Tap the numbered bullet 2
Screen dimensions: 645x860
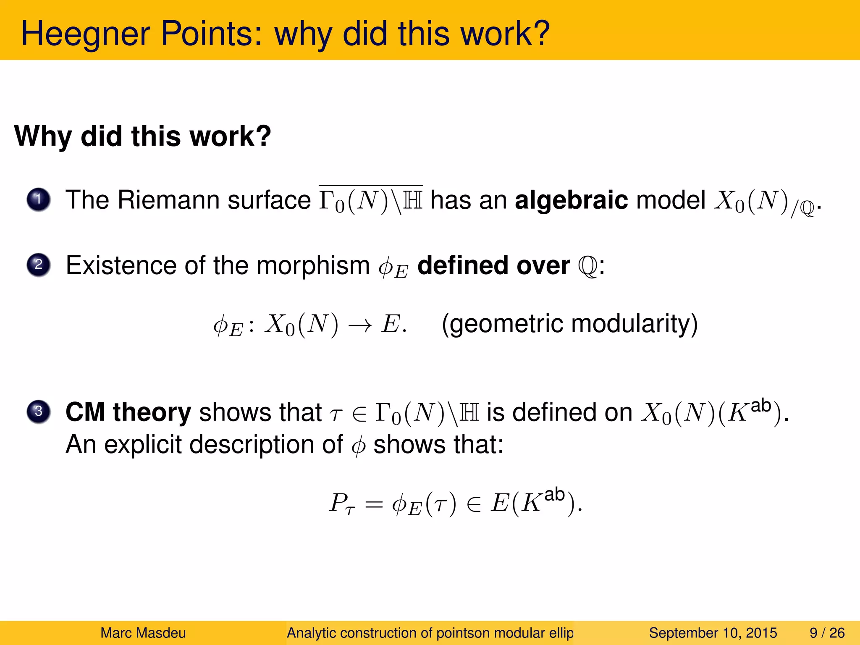[39, 265]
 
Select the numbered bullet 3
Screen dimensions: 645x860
[39, 411]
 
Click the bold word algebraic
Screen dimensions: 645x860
[571, 200]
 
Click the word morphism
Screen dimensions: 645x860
[313, 266]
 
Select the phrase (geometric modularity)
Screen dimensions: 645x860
[569, 324]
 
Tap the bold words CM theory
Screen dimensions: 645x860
[128, 412]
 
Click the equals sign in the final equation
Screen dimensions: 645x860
[374, 504]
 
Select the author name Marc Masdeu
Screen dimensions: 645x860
[143, 633]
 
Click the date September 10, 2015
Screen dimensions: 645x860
[713, 633]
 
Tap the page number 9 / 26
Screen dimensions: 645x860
[827, 633]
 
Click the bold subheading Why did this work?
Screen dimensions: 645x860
[143, 136]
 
